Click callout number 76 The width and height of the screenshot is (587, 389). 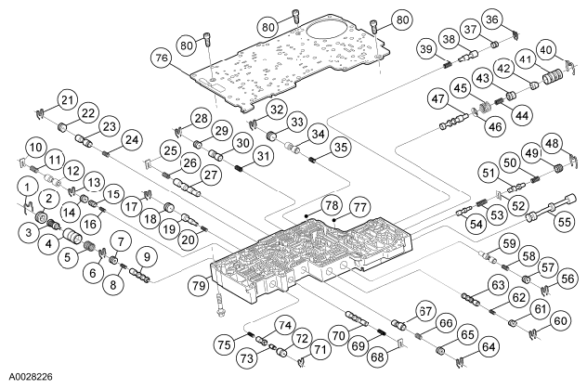click(x=162, y=58)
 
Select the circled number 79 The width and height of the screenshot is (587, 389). click(x=199, y=285)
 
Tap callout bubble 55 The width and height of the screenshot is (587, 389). click(x=564, y=222)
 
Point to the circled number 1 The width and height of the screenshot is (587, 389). click(x=27, y=187)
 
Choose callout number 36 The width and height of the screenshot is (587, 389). click(x=492, y=19)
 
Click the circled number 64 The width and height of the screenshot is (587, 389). click(x=489, y=347)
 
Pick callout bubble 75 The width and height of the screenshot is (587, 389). click(x=225, y=344)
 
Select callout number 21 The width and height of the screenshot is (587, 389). click(x=68, y=100)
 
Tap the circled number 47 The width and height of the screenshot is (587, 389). click(x=438, y=98)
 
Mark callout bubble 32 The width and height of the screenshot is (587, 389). click(x=277, y=110)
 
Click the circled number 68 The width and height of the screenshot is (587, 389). click(x=377, y=357)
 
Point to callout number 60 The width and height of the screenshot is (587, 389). click(x=560, y=321)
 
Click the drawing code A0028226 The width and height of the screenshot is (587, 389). click(x=31, y=376)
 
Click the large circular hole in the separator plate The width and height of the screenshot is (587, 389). click(x=324, y=36)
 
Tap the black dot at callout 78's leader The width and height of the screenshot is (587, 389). click(x=307, y=215)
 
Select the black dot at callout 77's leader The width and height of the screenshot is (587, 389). click(x=334, y=219)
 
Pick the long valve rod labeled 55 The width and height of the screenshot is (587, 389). click(x=550, y=208)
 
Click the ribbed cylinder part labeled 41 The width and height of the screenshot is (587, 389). click(x=553, y=77)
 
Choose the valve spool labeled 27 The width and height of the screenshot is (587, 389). click(x=187, y=188)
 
